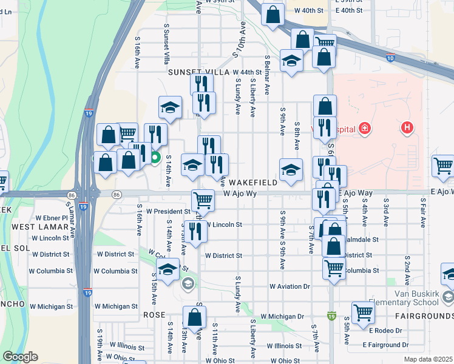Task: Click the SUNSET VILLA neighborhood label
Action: click(x=181, y=72)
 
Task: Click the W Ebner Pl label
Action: click(x=52, y=217)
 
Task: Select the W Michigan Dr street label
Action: click(x=282, y=317)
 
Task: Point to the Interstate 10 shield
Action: click(x=389, y=58)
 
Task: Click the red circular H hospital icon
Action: click(x=407, y=128)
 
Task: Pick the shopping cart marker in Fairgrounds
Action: click(x=363, y=312)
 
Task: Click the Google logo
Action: click(x=20, y=357)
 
